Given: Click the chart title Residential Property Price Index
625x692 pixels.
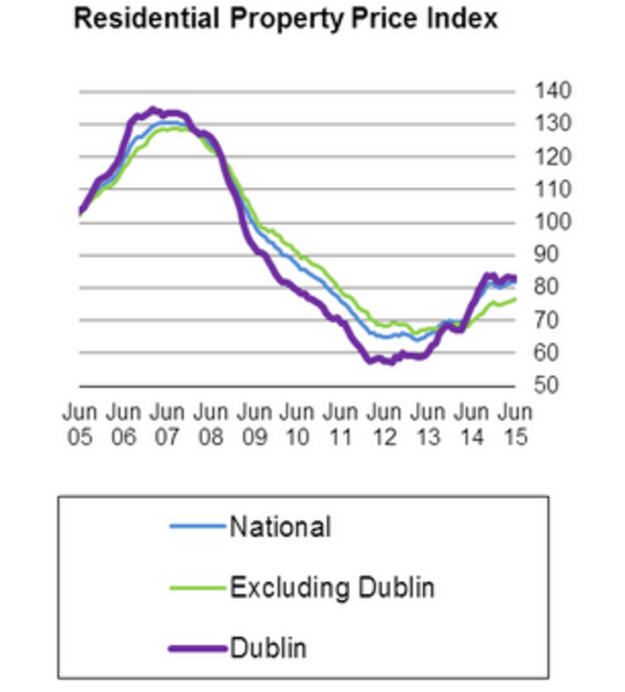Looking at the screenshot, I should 286,18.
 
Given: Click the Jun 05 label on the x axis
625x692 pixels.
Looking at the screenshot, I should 80,423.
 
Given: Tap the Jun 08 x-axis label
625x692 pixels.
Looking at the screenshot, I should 211,423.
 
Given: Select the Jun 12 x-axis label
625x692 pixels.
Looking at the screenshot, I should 384,423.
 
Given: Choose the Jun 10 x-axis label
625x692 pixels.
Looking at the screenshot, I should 297,423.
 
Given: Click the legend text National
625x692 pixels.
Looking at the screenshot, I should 280,527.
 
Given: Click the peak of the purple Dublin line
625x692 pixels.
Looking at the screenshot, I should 152,110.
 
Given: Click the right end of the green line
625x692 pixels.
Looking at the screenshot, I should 516,299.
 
